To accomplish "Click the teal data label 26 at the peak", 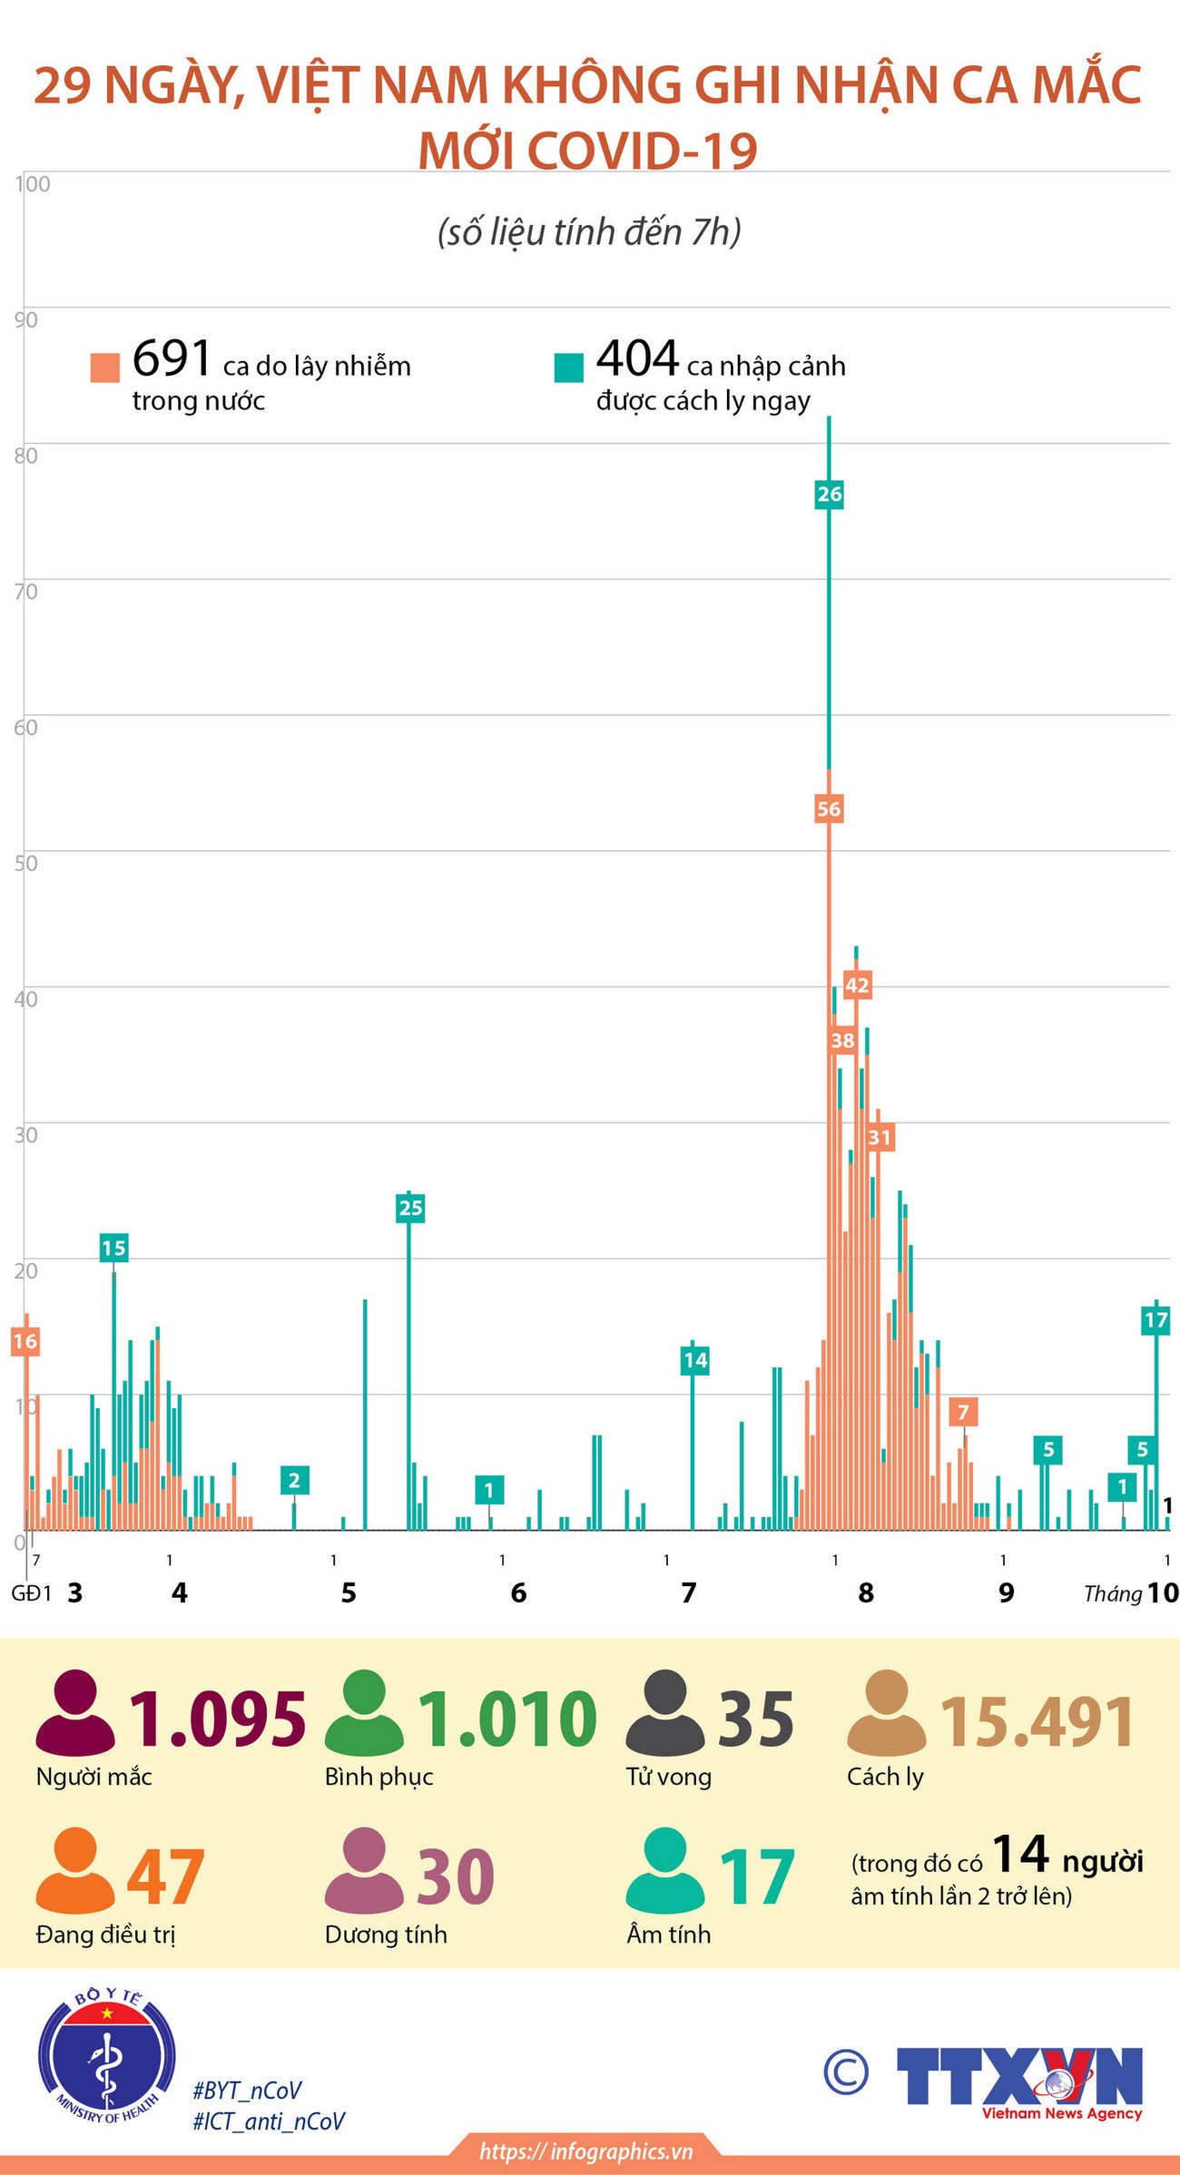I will (x=829, y=495).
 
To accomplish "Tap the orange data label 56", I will (x=829, y=808).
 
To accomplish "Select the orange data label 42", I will (x=857, y=985).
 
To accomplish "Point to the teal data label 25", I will (x=410, y=1208).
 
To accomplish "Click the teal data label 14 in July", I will (x=694, y=1359).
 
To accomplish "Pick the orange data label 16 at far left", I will (x=25, y=1341).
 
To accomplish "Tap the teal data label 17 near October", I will (x=1155, y=1320).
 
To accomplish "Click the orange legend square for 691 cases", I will (x=105, y=367).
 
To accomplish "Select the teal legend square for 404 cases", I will (x=569, y=367).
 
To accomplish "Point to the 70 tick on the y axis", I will (x=26, y=592).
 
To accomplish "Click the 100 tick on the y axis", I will (x=33, y=184).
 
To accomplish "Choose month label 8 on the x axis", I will (x=866, y=1592).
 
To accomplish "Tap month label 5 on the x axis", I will (x=349, y=1592).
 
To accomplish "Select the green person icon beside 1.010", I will (x=364, y=1712).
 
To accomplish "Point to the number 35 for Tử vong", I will (x=755, y=1719).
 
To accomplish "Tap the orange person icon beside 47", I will (x=75, y=1871).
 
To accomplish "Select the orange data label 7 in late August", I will (x=963, y=1412).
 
